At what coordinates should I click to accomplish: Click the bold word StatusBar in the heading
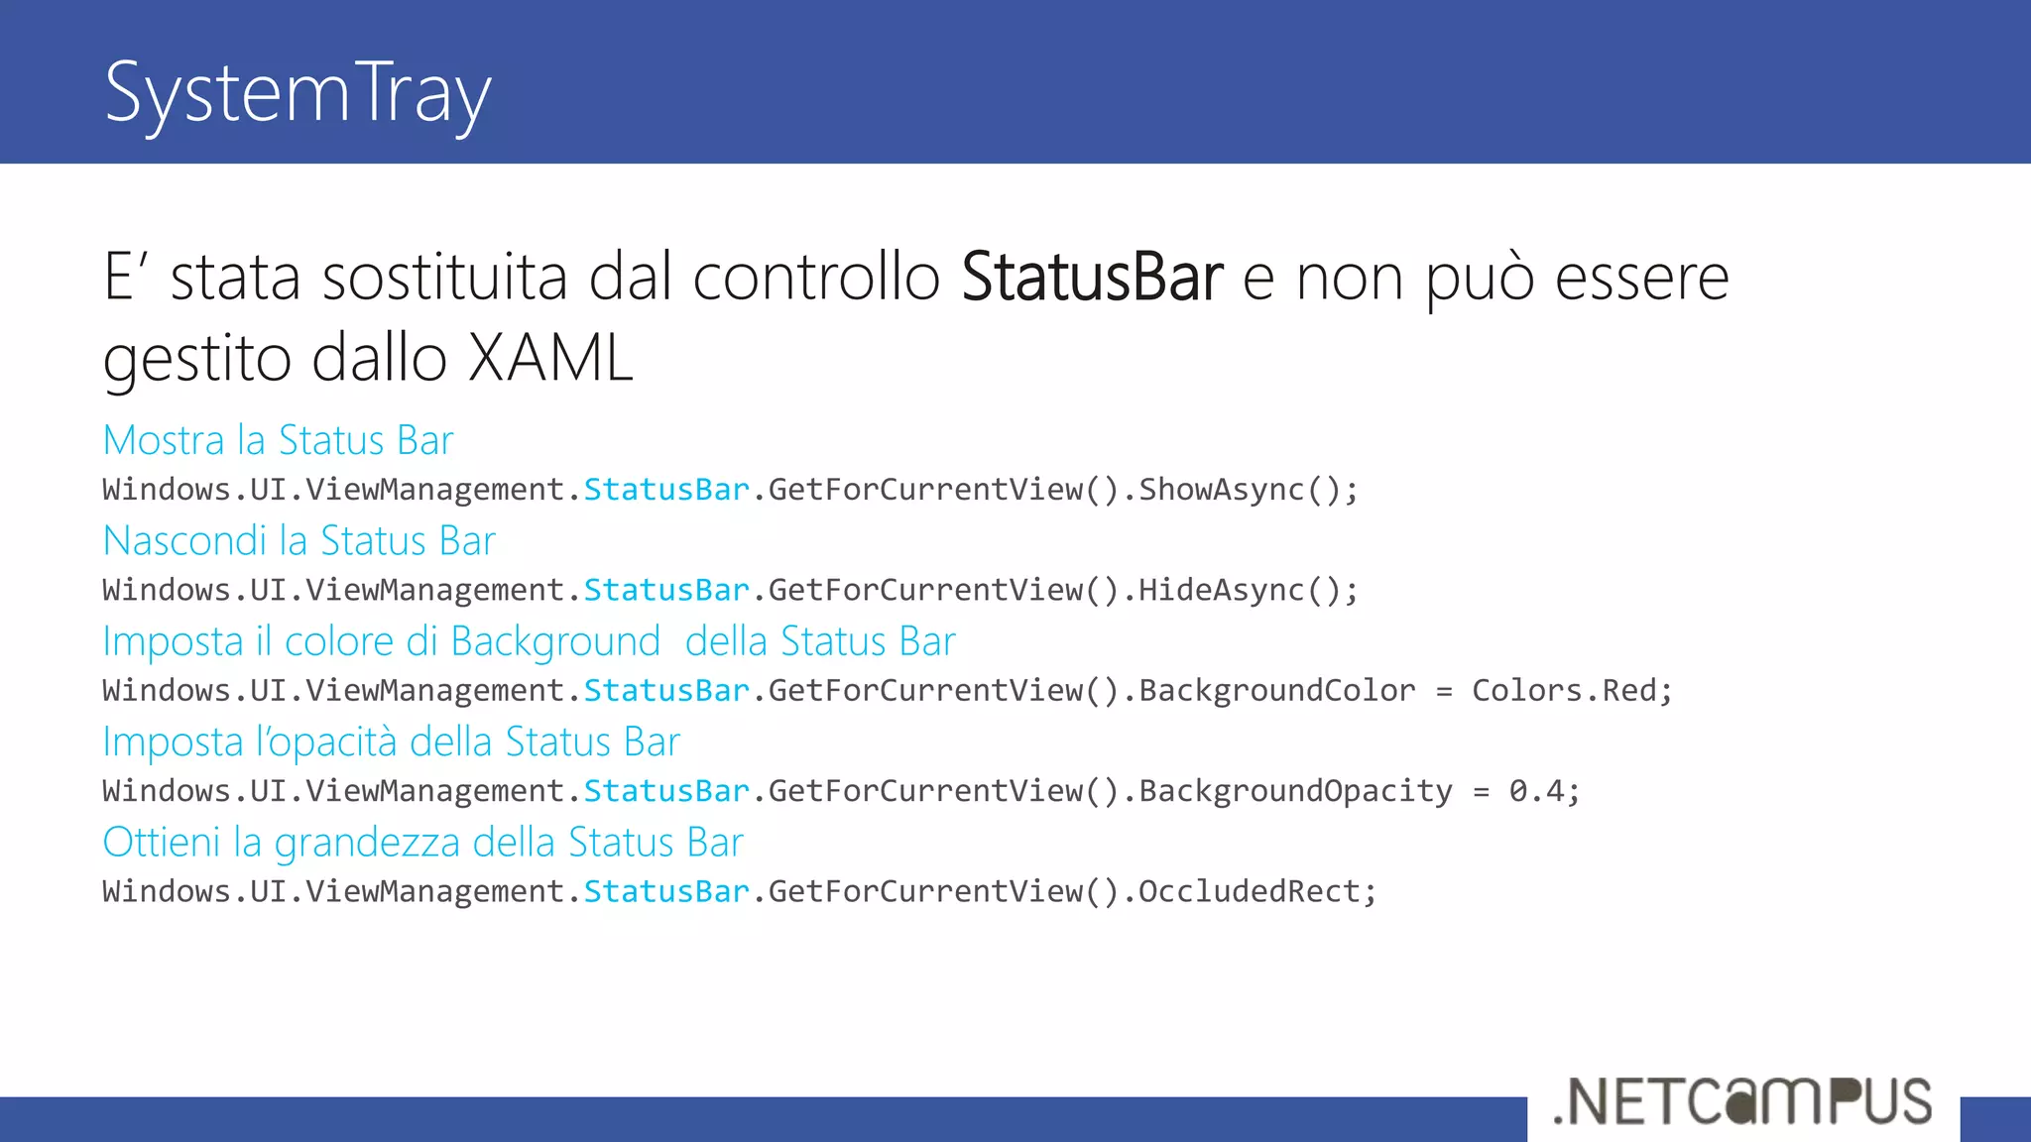tap(1092, 277)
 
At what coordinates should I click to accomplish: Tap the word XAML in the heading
tap(549, 358)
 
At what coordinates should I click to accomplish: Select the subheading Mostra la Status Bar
tap(278, 440)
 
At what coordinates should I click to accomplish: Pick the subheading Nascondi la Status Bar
tap(299, 541)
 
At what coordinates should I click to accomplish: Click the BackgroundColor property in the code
tap(1277, 691)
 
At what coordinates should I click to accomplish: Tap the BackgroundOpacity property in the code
tap(1295, 791)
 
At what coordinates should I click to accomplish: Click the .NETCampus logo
tap(1742, 1101)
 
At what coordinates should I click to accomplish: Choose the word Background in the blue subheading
tap(555, 642)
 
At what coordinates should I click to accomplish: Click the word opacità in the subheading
tap(344, 742)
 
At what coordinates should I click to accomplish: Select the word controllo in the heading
tap(816, 277)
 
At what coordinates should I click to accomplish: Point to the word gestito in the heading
tap(197, 358)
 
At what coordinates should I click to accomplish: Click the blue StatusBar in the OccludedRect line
tap(666, 892)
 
